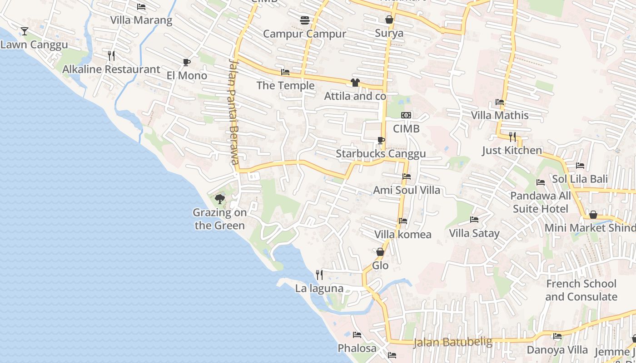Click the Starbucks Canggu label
(x=381, y=154)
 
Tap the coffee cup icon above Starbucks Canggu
(x=381, y=140)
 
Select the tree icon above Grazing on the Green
(x=220, y=199)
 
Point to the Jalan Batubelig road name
(x=452, y=342)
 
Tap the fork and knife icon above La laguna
(x=319, y=275)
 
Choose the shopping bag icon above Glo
(x=380, y=252)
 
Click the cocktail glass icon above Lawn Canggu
(x=25, y=31)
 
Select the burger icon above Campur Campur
(x=304, y=20)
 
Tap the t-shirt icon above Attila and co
(x=355, y=83)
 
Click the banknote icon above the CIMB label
(x=406, y=115)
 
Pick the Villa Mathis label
(x=500, y=115)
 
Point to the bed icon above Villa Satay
(x=474, y=220)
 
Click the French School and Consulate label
(x=581, y=290)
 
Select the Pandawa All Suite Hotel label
(x=540, y=202)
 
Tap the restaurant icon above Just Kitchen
(x=512, y=137)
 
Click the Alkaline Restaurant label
(x=111, y=69)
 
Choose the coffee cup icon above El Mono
(x=186, y=62)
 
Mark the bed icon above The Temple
(x=285, y=72)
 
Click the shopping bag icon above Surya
(x=389, y=20)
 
